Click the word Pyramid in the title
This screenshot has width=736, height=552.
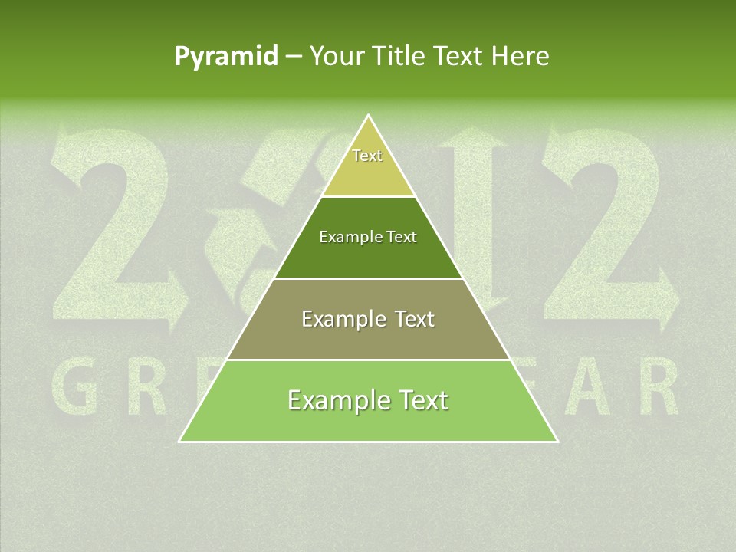pyautogui.click(x=226, y=56)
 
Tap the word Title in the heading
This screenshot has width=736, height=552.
pyautogui.click(x=403, y=56)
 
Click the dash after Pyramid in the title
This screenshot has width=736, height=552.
pyautogui.click(x=294, y=57)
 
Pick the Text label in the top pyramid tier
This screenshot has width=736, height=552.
pyautogui.click(x=367, y=156)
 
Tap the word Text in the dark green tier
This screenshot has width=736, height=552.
pyautogui.click(x=402, y=237)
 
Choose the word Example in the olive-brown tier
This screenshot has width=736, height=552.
pyautogui.click(x=343, y=319)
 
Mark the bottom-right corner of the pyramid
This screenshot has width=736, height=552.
pyautogui.click(x=557, y=441)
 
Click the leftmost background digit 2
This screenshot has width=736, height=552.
pyautogui.click(x=115, y=230)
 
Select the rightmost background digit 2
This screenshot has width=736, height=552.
pyautogui.click(x=606, y=230)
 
